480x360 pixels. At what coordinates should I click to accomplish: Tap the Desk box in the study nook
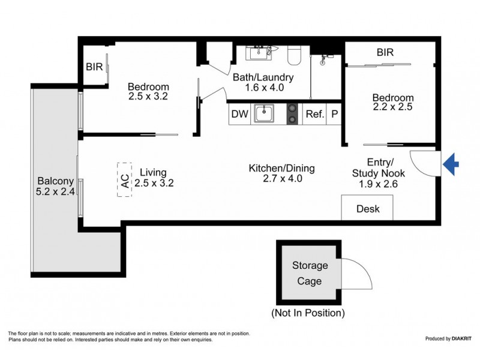coord(368,209)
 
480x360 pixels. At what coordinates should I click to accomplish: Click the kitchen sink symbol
coord(264,113)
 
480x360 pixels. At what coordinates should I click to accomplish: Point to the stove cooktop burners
coord(292,113)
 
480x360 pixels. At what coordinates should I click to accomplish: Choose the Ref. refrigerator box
coord(314,114)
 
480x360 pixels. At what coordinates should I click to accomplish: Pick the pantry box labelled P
coord(334,114)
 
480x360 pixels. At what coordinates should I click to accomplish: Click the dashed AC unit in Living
coord(124,179)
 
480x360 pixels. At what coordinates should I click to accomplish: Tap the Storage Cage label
coord(310,273)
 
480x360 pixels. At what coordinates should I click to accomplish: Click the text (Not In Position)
coord(308,313)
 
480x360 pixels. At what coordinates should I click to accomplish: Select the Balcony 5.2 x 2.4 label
coord(55,186)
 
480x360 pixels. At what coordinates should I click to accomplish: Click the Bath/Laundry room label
coord(265,82)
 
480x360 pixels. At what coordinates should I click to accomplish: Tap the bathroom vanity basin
coord(260,53)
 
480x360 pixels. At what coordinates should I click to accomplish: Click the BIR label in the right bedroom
coord(385,53)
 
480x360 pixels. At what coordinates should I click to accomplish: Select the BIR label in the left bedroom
coord(94,67)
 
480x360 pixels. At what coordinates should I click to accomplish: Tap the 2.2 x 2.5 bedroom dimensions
coord(393,109)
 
